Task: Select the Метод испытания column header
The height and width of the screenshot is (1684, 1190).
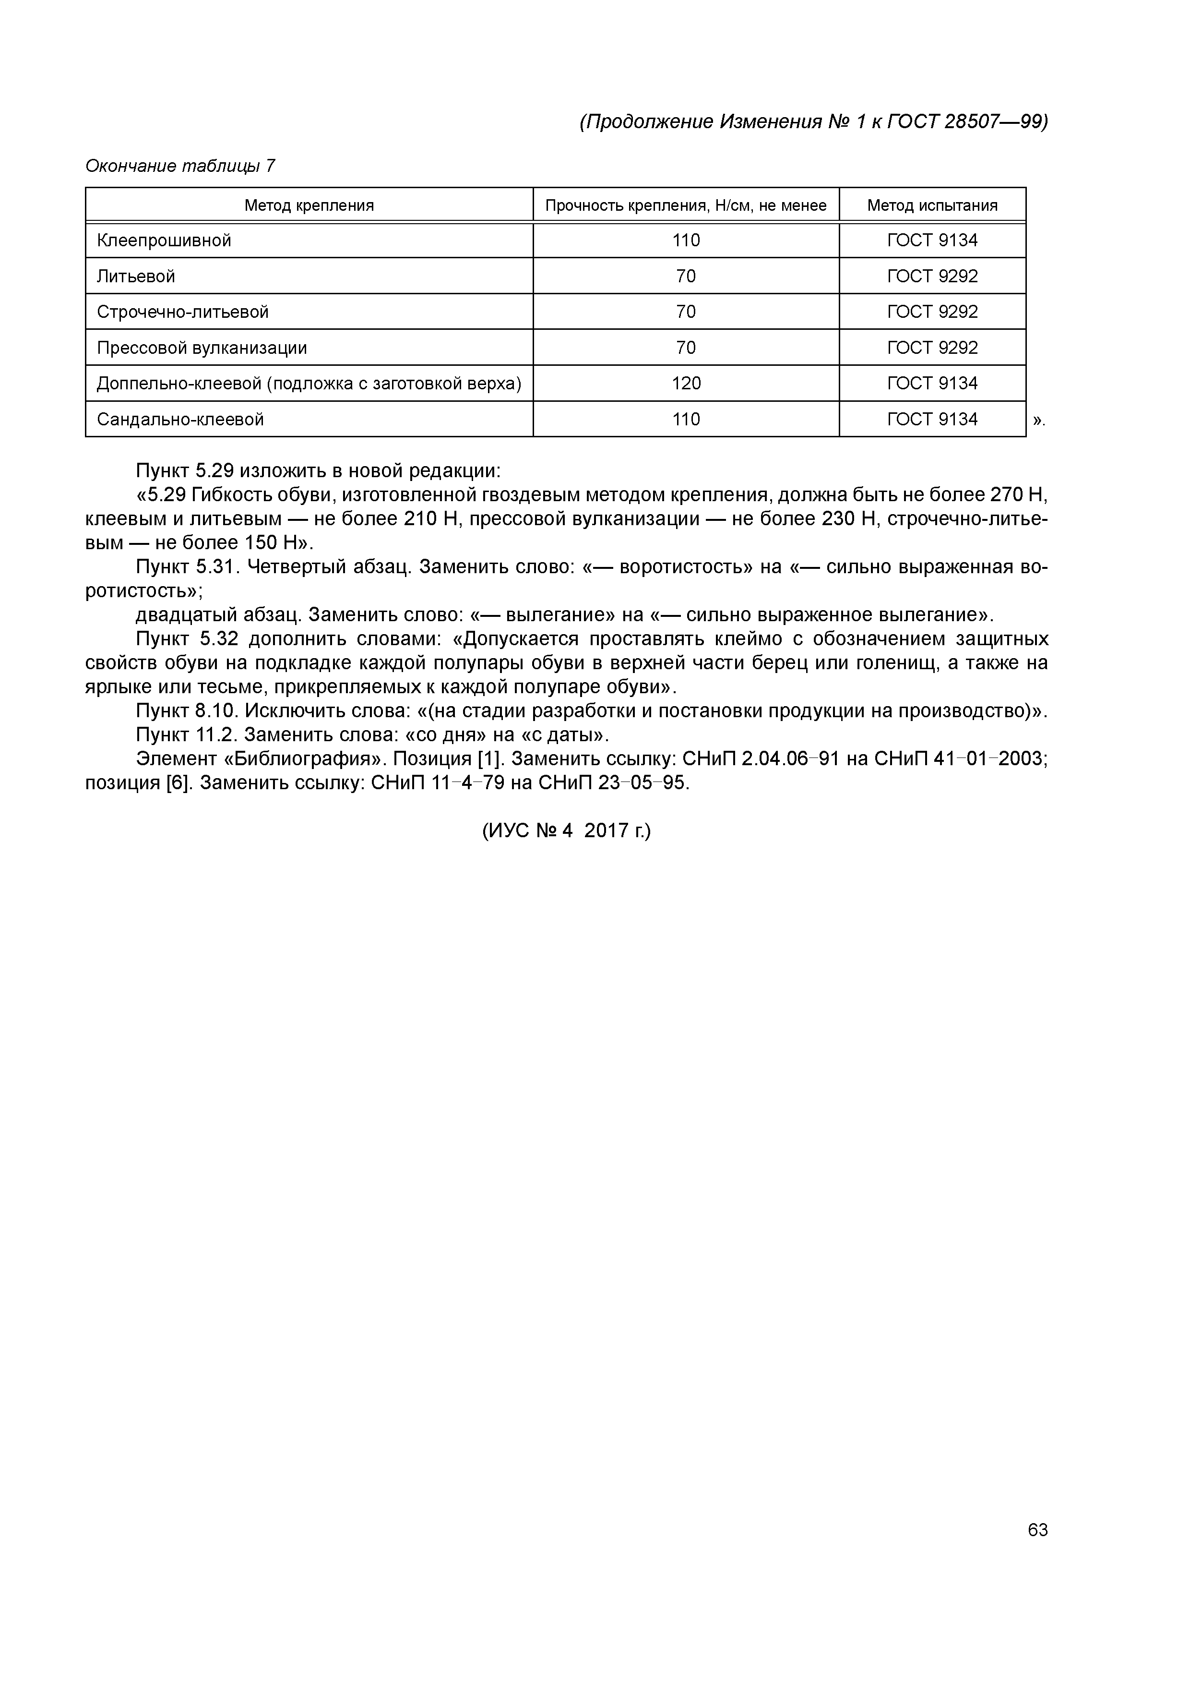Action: (932, 205)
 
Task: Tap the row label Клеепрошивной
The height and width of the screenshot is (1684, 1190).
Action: (164, 241)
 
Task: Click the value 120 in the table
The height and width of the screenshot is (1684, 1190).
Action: (686, 383)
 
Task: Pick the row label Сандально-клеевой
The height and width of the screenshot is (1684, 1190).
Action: (180, 420)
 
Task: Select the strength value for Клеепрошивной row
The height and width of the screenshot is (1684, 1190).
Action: (686, 241)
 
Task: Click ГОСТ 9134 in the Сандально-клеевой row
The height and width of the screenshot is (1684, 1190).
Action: (932, 420)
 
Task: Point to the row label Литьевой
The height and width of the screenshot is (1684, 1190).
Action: (136, 277)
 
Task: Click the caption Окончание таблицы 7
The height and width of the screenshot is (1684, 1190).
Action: (180, 167)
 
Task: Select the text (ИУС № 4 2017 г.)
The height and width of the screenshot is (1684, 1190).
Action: (566, 830)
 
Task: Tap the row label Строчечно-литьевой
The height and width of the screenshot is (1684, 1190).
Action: (182, 312)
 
